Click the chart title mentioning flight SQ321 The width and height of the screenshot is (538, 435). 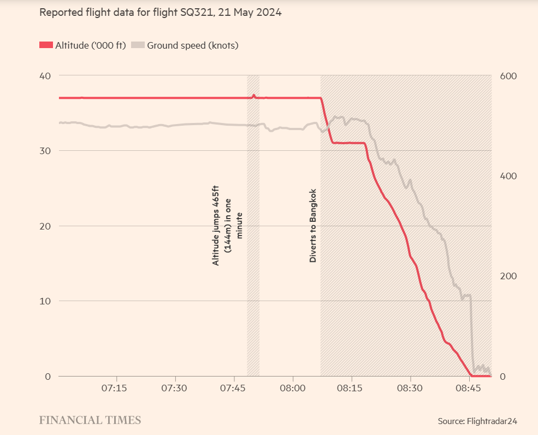[x=160, y=12]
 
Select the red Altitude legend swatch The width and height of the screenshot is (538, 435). [x=46, y=45]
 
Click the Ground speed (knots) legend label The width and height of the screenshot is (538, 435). [x=192, y=45]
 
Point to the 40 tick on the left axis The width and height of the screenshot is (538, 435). [x=44, y=75]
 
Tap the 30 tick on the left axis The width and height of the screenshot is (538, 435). [x=44, y=151]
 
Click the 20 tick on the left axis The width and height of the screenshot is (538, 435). [x=44, y=226]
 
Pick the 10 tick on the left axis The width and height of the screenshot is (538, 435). [x=44, y=301]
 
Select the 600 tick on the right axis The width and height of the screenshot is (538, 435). [x=509, y=75]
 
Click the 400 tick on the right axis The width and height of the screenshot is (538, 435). [x=509, y=176]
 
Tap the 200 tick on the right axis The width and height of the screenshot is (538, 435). [x=509, y=276]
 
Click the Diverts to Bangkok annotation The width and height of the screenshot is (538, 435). [x=313, y=226]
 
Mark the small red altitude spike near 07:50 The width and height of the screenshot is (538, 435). [x=254, y=95]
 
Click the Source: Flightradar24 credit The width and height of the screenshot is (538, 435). [x=477, y=421]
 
